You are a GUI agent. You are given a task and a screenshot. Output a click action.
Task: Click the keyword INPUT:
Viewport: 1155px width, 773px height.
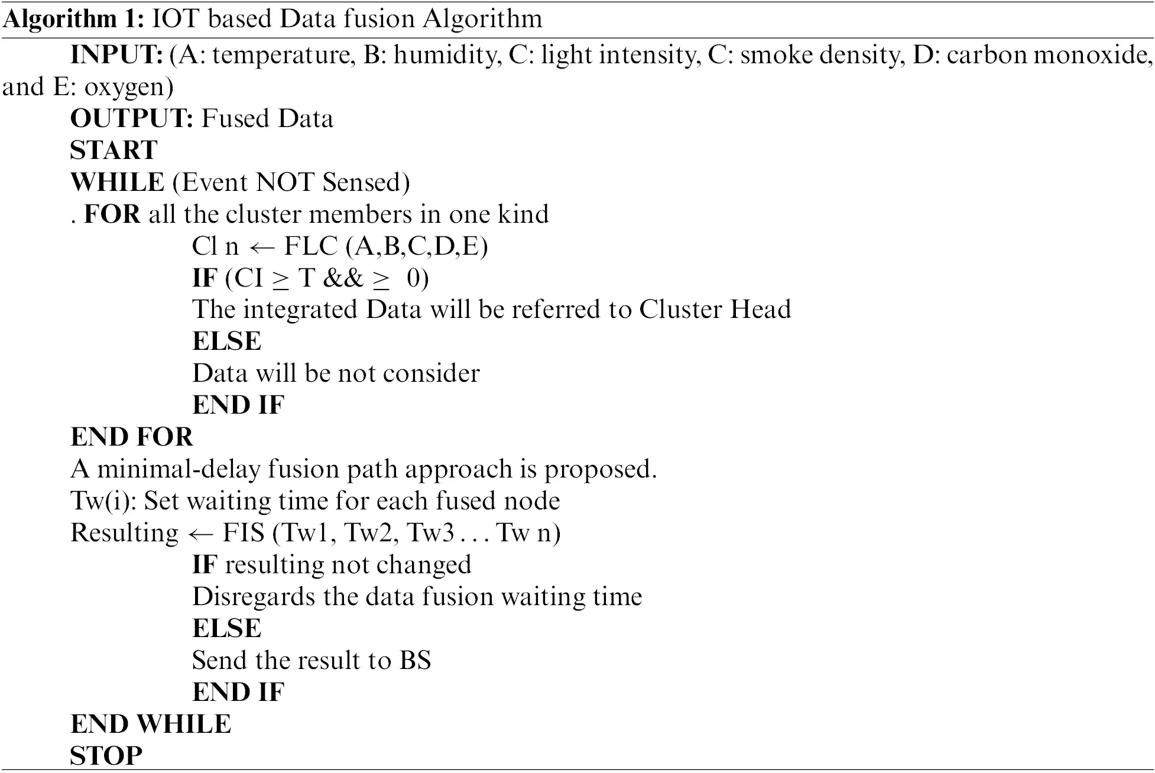pos(116,55)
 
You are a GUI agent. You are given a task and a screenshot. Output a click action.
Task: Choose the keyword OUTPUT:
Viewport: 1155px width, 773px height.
pos(132,119)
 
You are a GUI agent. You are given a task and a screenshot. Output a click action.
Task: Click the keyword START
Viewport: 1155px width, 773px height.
pos(114,151)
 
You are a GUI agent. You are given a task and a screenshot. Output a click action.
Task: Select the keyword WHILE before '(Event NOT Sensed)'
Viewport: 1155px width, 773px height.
pos(117,183)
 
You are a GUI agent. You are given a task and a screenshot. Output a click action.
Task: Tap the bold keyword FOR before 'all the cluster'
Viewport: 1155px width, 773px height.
pos(112,215)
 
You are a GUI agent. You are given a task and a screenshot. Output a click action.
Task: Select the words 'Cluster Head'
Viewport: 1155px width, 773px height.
pos(715,310)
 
